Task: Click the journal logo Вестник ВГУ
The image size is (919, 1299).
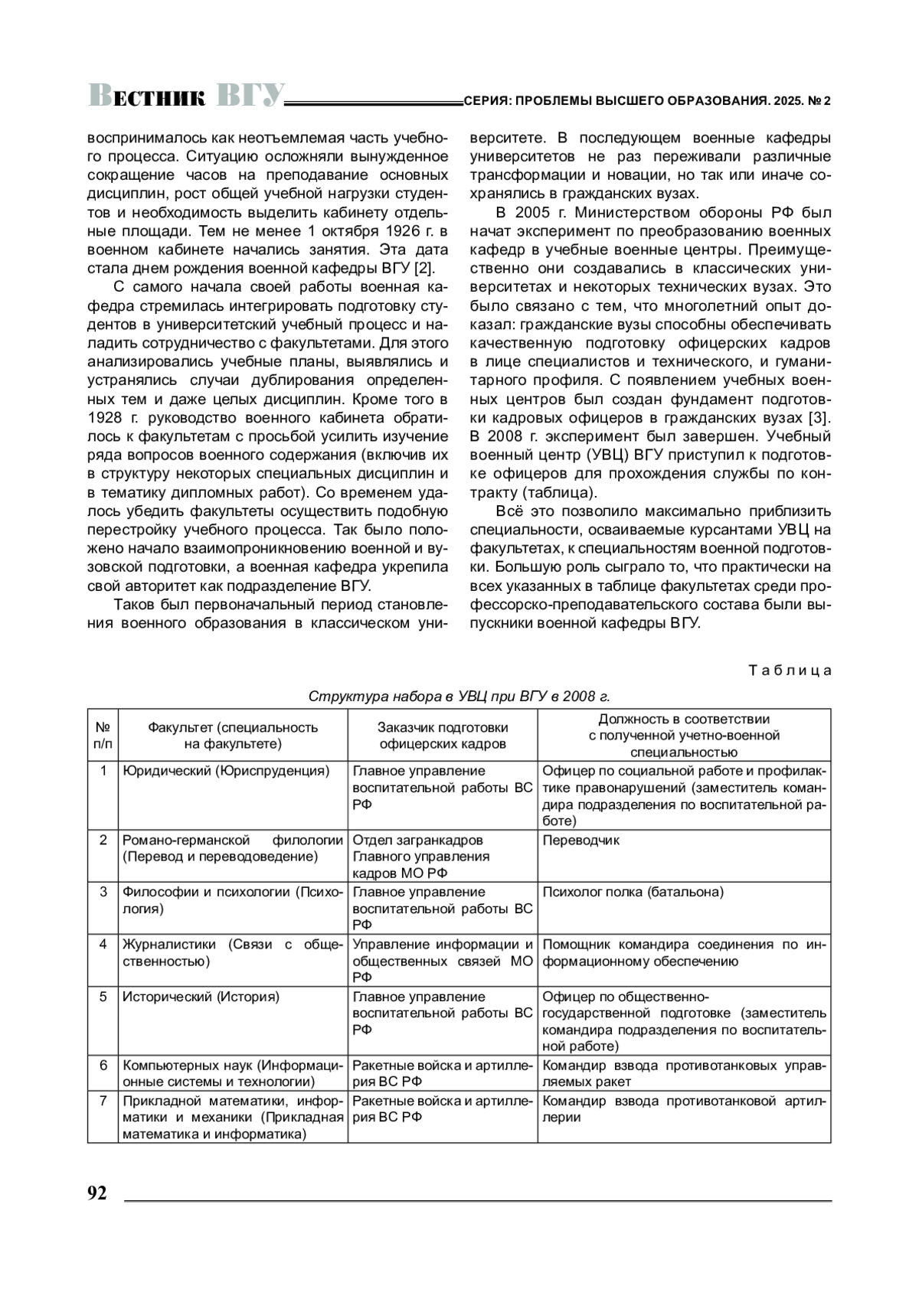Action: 186,96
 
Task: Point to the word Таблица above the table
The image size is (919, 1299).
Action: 790,671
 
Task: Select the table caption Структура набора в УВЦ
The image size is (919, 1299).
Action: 459,697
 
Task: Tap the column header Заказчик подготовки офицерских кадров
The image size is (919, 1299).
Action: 443,736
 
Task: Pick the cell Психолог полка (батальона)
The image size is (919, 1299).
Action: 633,892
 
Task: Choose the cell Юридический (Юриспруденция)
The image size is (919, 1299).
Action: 226,771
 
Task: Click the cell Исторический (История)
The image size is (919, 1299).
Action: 201,997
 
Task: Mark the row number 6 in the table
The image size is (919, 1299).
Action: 103,1065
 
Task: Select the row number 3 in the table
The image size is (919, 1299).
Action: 103,892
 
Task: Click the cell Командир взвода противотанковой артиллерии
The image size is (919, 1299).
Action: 684,1109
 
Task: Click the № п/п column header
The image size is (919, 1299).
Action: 103,736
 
